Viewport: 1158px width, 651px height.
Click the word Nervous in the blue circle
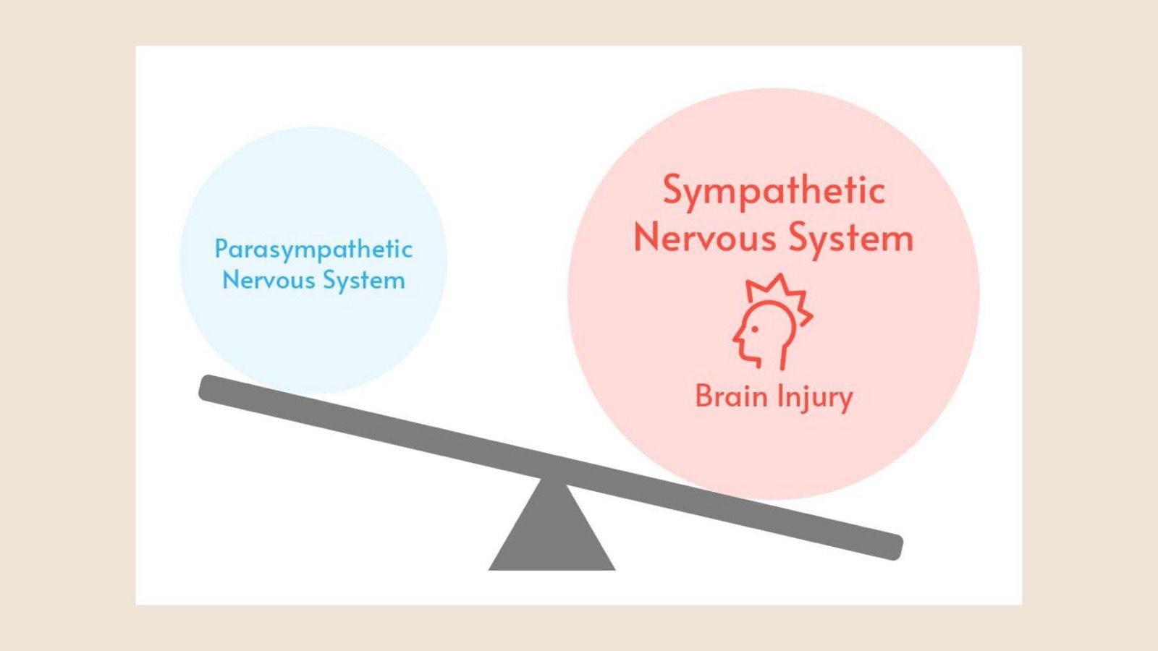(x=269, y=281)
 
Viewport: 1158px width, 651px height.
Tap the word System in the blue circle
(x=364, y=282)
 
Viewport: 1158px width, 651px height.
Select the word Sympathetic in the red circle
(x=774, y=192)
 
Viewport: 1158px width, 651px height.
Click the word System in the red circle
(x=851, y=239)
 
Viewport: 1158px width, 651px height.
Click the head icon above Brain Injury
(x=772, y=322)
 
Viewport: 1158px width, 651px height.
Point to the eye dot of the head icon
(x=755, y=329)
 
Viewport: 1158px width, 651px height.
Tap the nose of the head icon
(x=735, y=339)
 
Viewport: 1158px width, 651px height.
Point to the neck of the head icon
(x=782, y=357)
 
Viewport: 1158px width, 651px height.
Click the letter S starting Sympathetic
(x=675, y=190)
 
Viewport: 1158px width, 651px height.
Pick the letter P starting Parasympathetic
(x=221, y=249)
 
